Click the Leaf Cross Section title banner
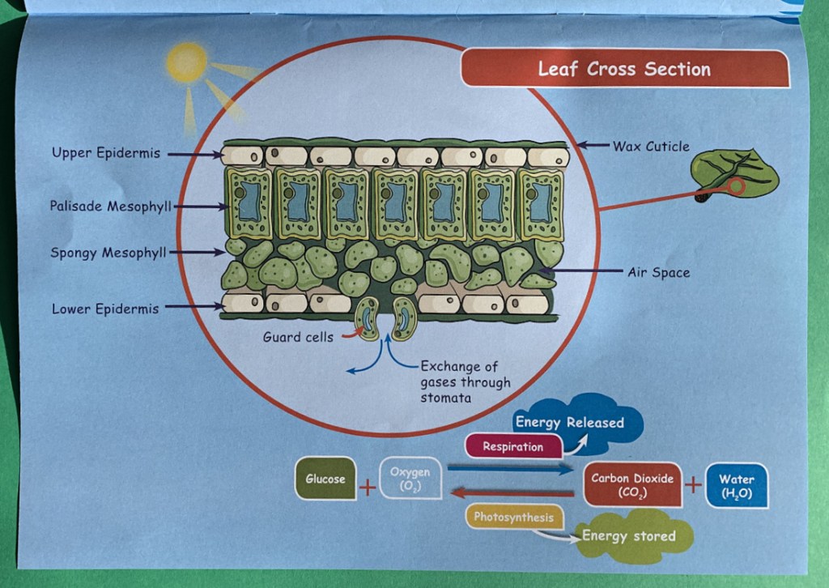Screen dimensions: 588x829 [624, 69]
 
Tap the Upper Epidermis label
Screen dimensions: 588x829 [106, 152]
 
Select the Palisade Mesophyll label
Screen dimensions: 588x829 [110, 207]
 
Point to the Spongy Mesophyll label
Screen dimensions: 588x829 [108, 253]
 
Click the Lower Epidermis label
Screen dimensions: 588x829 [105, 309]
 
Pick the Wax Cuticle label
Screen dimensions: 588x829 [651, 147]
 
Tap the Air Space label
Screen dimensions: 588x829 [659, 273]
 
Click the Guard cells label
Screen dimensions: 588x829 [297, 337]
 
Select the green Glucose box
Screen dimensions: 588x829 [325, 479]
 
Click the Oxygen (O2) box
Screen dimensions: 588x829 [410, 479]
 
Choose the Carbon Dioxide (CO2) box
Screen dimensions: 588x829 [632, 484]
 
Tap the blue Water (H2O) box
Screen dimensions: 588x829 [736, 485]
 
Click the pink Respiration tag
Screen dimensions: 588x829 [513, 446]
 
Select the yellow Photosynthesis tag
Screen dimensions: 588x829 [514, 517]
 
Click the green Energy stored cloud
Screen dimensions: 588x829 [630, 536]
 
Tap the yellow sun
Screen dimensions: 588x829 [187, 62]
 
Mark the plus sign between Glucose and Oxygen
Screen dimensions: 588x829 [368, 488]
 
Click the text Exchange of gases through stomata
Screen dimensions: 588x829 [465, 382]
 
